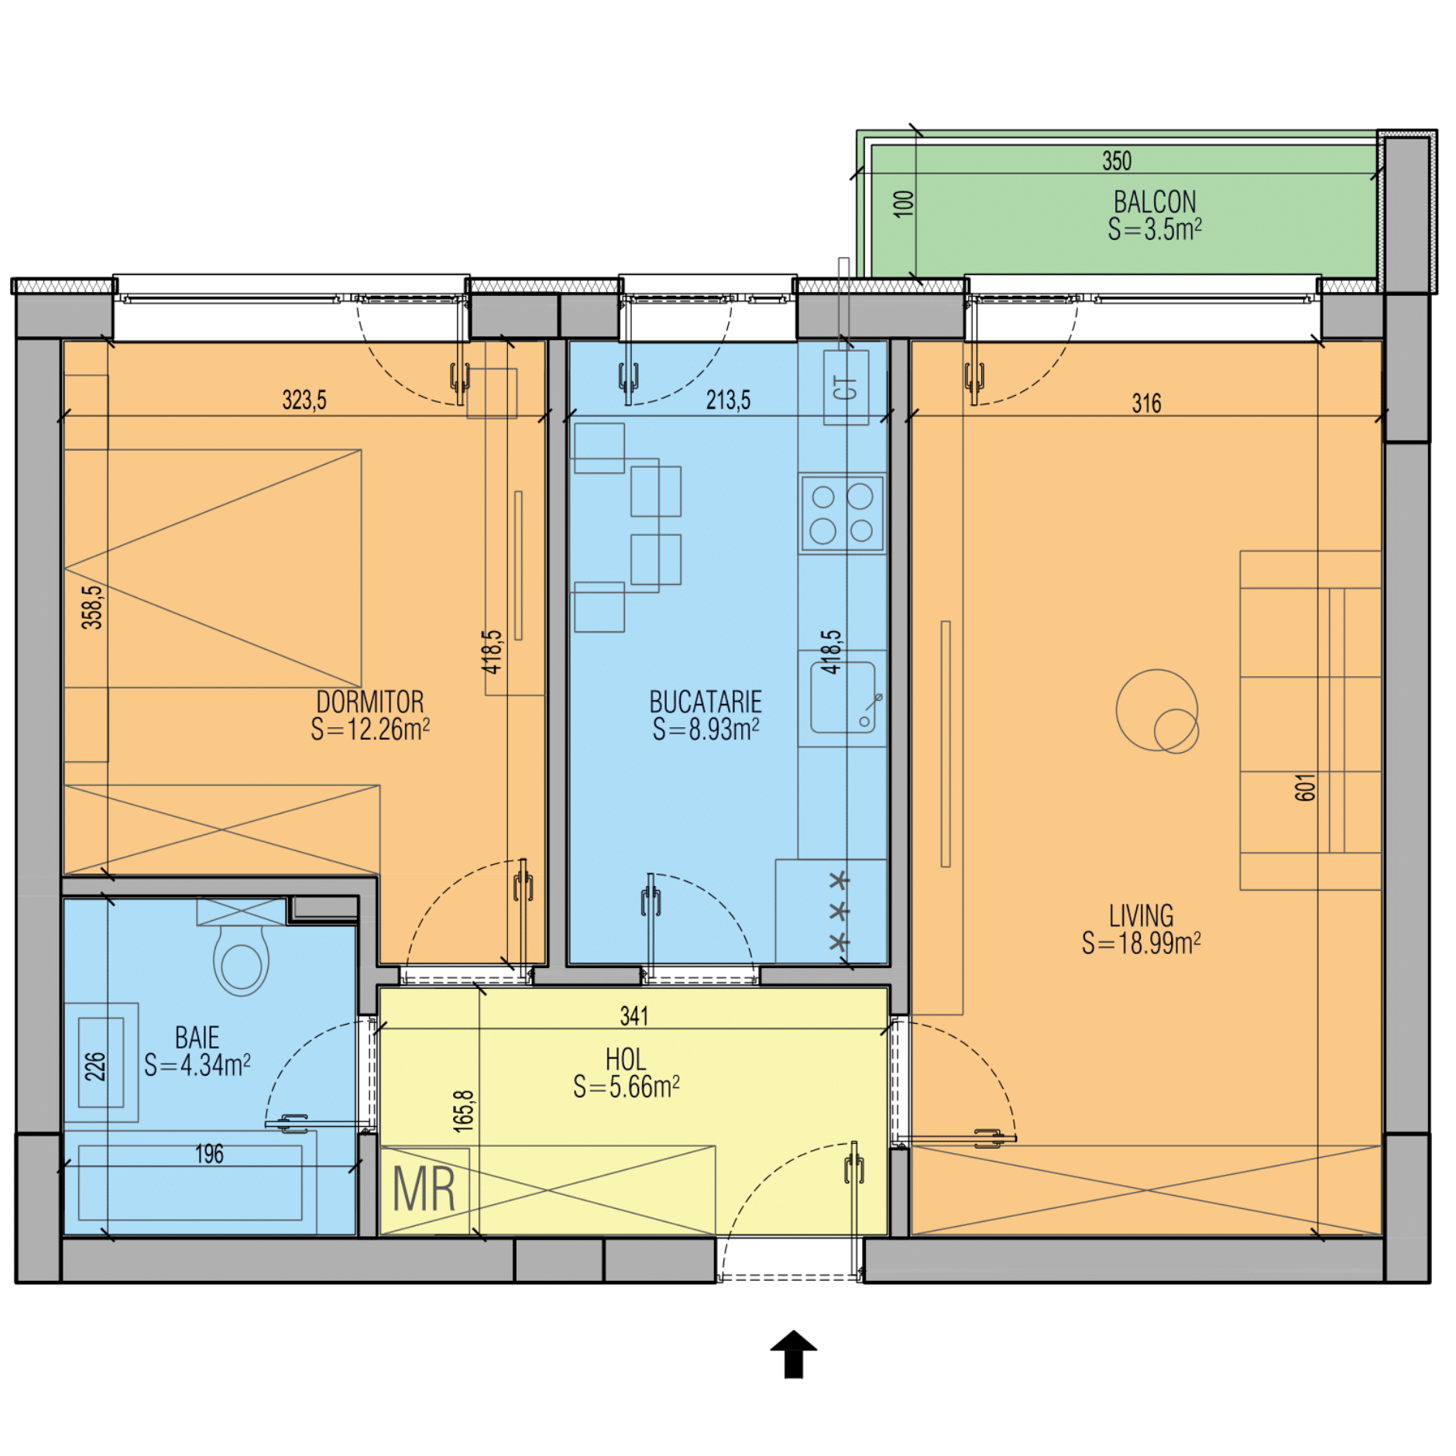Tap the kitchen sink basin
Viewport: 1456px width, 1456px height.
(843, 697)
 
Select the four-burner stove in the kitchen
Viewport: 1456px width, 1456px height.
(842, 513)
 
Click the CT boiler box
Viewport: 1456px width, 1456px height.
(846, 387)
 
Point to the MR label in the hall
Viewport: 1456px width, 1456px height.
(424, 1190)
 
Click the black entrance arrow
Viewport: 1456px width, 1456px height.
(794, 1355)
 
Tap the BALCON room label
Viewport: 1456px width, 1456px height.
(1155, 202)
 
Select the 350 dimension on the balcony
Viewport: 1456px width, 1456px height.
(1117, 161)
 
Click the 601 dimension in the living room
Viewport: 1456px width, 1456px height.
(1305, 787)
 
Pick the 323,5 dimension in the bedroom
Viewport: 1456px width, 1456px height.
(304, 400)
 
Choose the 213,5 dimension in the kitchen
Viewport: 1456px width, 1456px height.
(728, 400)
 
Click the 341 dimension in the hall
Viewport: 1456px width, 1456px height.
(634, 1016)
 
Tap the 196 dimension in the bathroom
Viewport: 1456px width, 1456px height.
(209, 1154)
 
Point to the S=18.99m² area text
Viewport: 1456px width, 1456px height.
(1142, 943)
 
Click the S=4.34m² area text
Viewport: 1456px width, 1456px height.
(197, 1065)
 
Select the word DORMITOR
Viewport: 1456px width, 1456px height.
(370, 702)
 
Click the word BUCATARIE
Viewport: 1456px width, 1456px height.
(706, 702)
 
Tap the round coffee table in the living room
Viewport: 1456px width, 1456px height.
(1157, 710)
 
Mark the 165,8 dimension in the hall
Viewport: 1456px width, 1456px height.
(463, 1111)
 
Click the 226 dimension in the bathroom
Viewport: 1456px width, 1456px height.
(94, 1066)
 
